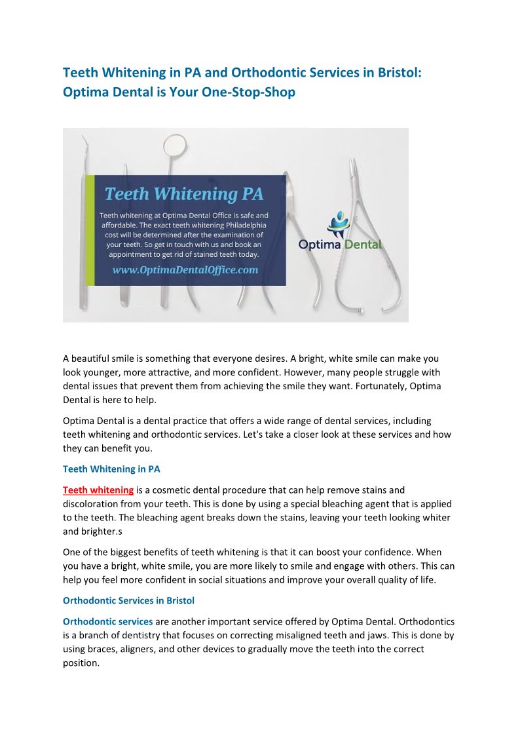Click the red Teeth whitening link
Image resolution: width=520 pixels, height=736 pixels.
(x=98, y=490)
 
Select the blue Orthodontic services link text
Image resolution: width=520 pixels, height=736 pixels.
(x=107, y=621)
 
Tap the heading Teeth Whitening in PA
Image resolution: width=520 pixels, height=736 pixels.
(x=111, y=469)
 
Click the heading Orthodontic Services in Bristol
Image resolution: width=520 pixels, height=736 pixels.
(x=128, y=601)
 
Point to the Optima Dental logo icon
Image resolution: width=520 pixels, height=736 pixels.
(x=339, y=224)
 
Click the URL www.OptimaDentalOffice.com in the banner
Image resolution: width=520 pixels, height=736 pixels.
(x=185, y=269)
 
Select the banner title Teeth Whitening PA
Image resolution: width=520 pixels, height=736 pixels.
(x=184, y=194)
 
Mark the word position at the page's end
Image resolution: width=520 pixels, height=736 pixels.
(x=81, y=663)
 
